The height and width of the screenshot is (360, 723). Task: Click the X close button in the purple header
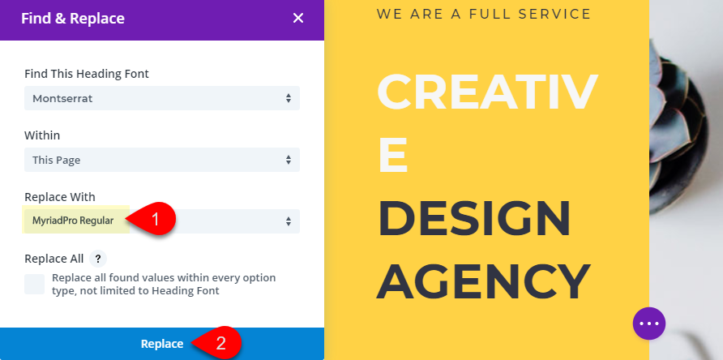(x=297, y=18)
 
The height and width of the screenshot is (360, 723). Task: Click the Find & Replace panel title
(x=73, y=19)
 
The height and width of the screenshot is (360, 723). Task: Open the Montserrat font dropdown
(x=162, y=98)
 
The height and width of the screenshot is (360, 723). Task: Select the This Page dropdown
(x=162, y=160)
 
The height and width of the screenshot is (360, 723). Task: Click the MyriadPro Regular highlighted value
(x=73, y=221)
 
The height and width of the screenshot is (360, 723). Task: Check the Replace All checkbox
(x=35, y=285)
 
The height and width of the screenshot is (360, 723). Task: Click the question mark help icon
(x=98, y=259)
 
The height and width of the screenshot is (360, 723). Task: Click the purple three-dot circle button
(x=649, y=324)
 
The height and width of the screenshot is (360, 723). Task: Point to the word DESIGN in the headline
(x=474, y=217)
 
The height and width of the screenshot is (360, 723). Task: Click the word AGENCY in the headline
(x=484, y=281)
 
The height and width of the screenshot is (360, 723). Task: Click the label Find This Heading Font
(x=87, y=74)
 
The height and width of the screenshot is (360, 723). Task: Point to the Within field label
(x=42, y=135)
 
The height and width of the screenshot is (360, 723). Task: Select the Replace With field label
(x=60, y=197)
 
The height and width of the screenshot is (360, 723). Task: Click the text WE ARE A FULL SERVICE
(x=484, y=14)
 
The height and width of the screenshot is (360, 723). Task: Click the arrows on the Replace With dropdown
(x=289, y=221)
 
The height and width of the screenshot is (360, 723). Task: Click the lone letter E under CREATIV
(x=393, y=154)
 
